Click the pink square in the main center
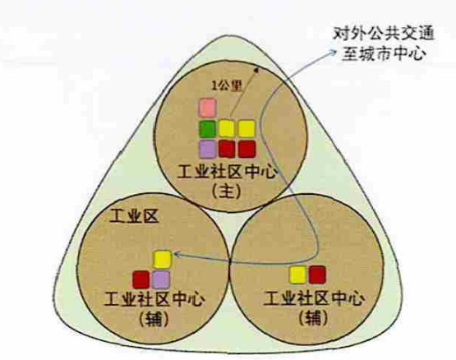point(208,108)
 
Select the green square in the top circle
point(208,129)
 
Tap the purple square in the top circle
point(208,150)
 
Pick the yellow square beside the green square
point(227,129)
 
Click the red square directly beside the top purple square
point(227,150)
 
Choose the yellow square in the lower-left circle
point(162,259)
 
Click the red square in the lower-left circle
point(141,279)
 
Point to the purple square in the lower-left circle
point(161,279)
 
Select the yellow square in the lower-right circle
point(297,275)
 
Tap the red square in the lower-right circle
point(317,275)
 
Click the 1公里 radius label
point(227,86)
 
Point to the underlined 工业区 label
point(134,216)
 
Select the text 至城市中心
point(384,53)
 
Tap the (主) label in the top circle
point(226,192)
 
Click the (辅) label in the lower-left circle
point(154,319)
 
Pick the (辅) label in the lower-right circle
point(314,318)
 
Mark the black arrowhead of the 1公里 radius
point(256,70)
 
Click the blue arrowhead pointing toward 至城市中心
point(332,52)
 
